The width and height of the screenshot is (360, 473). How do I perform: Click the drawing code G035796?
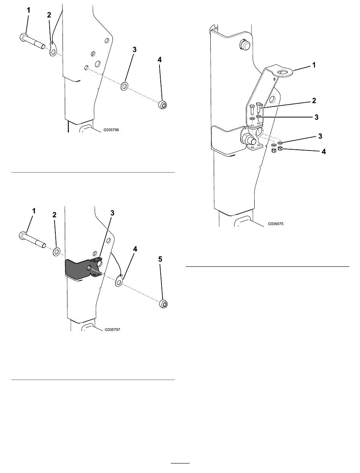point(111,130)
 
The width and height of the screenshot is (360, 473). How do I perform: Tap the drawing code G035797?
point(113,329)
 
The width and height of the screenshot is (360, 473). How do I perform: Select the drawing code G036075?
point(276,224)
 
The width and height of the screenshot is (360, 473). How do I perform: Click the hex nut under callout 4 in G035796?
point(163,105)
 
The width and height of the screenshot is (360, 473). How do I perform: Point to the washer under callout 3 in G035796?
point(124,86)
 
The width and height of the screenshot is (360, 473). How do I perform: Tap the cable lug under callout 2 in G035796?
point(53,49)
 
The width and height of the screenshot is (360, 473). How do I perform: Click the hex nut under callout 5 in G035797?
point(163,304)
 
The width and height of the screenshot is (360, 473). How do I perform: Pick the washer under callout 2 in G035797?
point(57,252)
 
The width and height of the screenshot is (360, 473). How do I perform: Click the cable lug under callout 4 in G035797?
point(119,280)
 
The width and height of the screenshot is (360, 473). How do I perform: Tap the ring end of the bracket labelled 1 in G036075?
point(285,72)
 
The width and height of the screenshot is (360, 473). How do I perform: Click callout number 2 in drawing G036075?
point(314,100)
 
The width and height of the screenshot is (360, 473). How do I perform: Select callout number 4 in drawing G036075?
point(324,152)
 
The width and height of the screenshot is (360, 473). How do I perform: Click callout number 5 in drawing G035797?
point(160,259)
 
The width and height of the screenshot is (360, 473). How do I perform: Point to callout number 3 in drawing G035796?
point(135,50)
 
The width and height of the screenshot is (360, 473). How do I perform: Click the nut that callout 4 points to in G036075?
point(280,148)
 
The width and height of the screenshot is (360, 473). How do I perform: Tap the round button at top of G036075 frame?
point(245,45)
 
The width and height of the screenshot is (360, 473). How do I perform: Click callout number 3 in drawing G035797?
point(112,213)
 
